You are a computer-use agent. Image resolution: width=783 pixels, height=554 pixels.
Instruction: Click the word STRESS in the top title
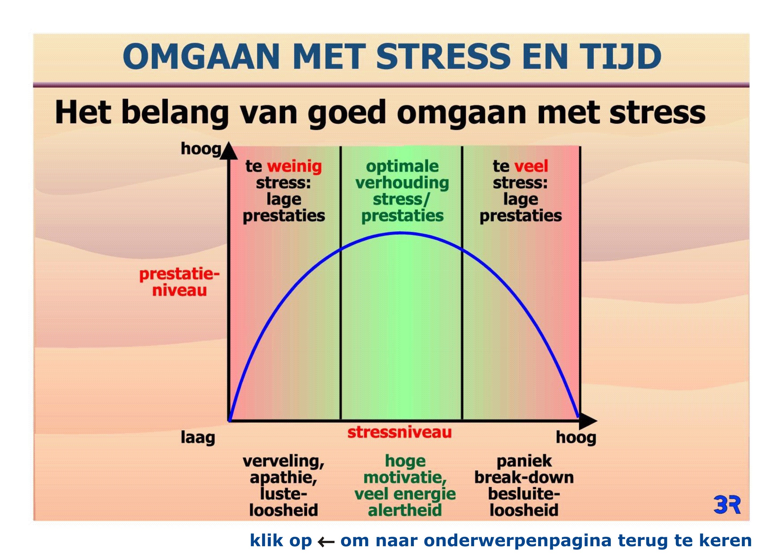coord(443,56)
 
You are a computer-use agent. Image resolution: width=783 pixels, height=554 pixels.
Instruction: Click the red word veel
coord(531,166)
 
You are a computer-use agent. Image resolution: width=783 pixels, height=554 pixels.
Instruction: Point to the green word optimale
coord(402,166)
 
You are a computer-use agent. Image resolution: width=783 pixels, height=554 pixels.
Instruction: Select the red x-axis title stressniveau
coord(399,432)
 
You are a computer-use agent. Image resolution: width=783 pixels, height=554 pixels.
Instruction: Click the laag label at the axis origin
coord(198,438)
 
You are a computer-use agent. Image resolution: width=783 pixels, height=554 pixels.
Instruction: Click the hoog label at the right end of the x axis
coord(576,438)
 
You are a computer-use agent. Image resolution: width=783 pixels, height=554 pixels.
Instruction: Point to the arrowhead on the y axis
coord(229,151)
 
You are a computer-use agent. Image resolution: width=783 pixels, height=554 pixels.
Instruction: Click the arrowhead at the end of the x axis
coord(587,421)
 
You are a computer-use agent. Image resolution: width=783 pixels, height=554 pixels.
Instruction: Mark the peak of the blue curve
coord(401,233)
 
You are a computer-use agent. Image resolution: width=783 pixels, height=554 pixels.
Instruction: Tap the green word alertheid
coord(405,510)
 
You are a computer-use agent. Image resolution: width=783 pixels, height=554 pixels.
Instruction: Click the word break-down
coord(524,478)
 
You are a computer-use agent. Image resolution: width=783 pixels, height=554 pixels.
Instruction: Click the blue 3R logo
coord(727,505)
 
